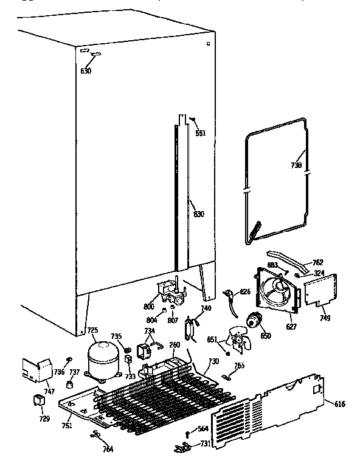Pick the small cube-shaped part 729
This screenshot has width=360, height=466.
(x=39, y=400)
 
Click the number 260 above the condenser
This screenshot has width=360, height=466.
(x=175, y=345)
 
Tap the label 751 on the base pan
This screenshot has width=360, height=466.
(x=66, y=426)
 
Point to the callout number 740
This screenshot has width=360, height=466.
(x=206, y=309)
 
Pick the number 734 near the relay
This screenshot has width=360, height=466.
(x=149, y=331)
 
